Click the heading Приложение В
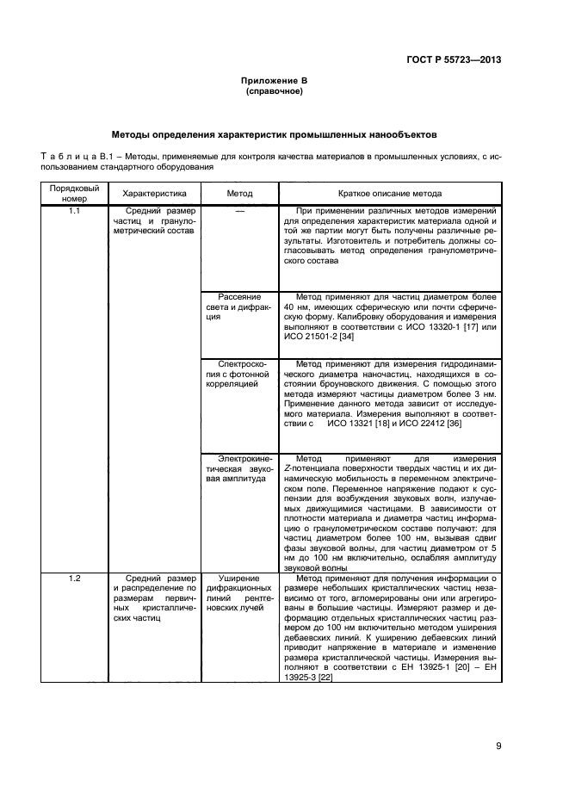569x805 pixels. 274,80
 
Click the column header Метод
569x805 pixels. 239,195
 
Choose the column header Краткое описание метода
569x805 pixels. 390,195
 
